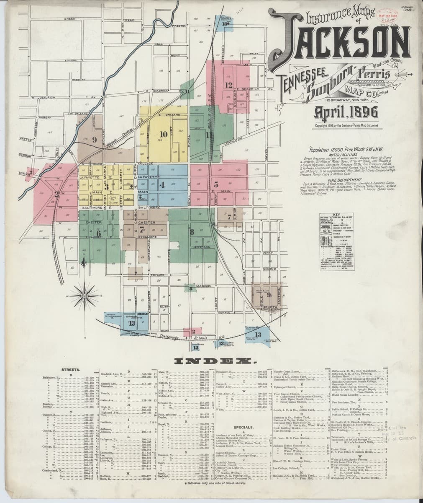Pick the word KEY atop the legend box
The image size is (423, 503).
[x=336, y=214]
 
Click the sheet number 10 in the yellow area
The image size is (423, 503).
[x=164, y=134]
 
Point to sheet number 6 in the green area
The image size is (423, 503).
[x=99, y=232]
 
